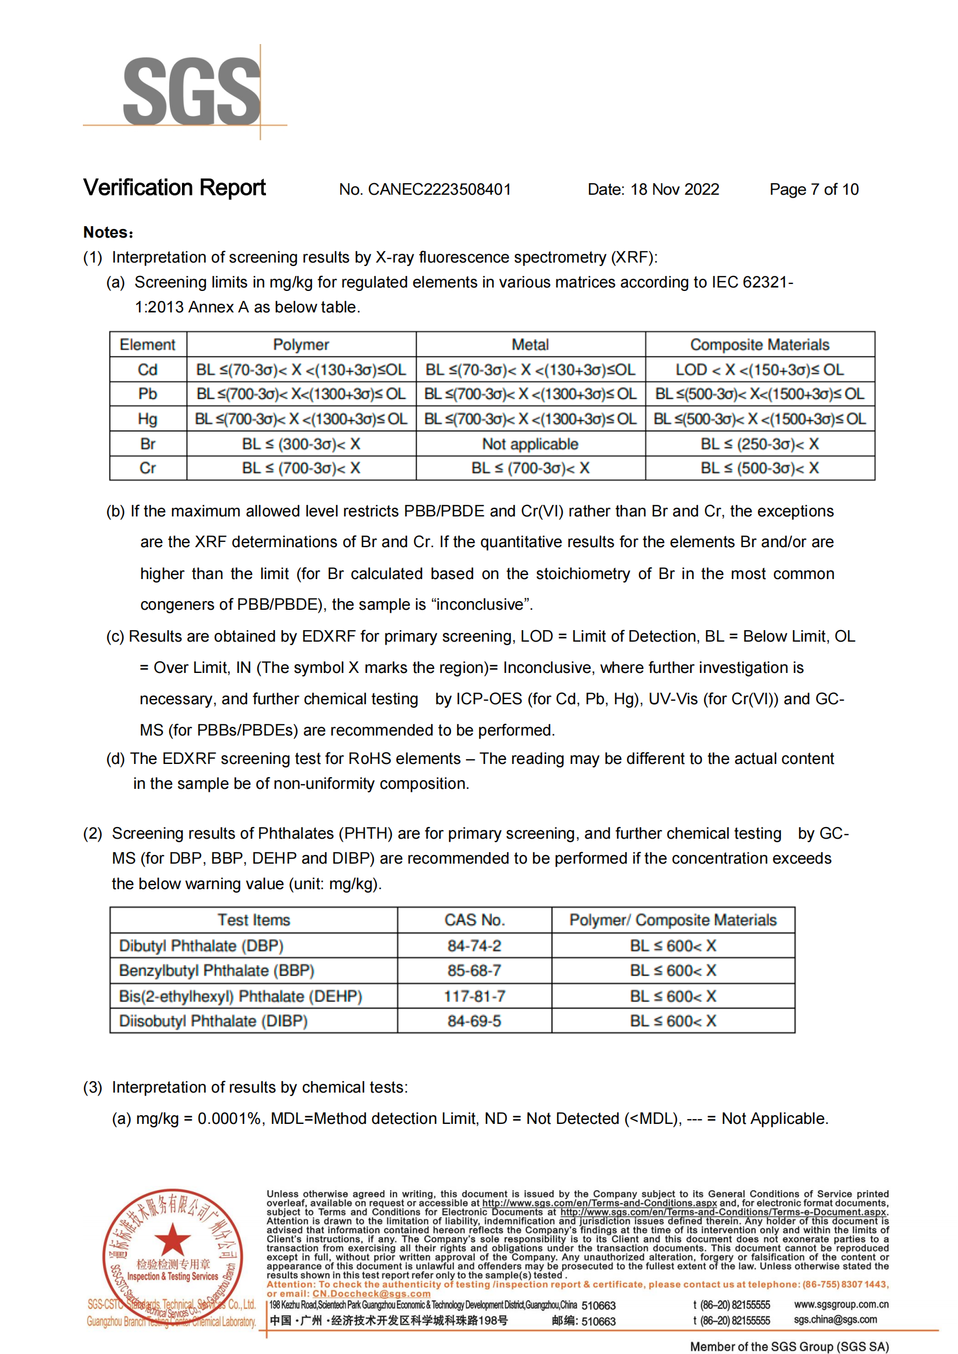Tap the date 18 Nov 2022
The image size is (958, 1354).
coord(674,190)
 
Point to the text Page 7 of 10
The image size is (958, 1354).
coord(814,190)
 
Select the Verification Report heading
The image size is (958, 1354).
coord(174,188)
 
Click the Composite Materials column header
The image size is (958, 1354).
coord(759,344)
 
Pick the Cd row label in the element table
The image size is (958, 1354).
coord(147,370)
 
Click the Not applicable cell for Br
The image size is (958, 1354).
coord(530,443)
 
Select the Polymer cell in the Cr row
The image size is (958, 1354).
coord(301,468)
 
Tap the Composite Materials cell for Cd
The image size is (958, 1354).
coord(759,370)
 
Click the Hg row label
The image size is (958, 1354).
coord(147,419)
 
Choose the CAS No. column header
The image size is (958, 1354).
coord(474,920)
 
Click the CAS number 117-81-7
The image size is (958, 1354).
coord(474,996)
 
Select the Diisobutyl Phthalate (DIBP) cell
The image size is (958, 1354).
coord(213,1021)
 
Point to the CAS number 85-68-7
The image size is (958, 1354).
coord(474,970)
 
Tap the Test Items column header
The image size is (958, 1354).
coord(254,920)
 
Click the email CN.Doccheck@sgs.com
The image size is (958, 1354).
coord(371,1293)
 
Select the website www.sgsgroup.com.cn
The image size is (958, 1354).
coord(840,1304)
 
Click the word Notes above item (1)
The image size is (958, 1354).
coord(106,232)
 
